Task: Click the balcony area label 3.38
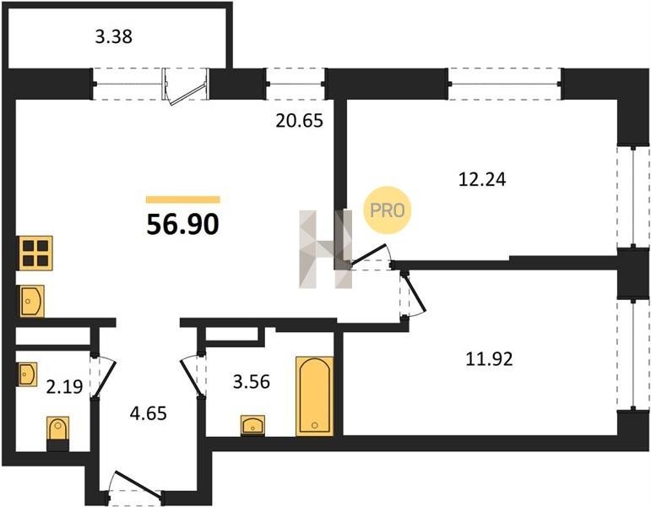click(113, 36)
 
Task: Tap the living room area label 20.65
click(300, 121)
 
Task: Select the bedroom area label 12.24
click(482, 179)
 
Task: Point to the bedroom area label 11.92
click(489, 358)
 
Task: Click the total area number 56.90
click(182, 225)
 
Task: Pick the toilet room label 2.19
click(64, 387)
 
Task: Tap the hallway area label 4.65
click(149, 413)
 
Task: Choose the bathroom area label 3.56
click(251, 381)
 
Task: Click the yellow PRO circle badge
click(387, 210)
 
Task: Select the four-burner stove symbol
click(35, 253)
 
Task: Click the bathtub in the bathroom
click(315, 396)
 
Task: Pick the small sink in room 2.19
click(27, 374)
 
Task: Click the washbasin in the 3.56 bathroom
click(252, 425)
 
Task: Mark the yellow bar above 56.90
click(182, 200)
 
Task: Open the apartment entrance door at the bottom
click(138, 483)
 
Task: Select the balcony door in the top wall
click(185, 85)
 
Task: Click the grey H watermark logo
click(326, 249)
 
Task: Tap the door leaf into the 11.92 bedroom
click(415, 294)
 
